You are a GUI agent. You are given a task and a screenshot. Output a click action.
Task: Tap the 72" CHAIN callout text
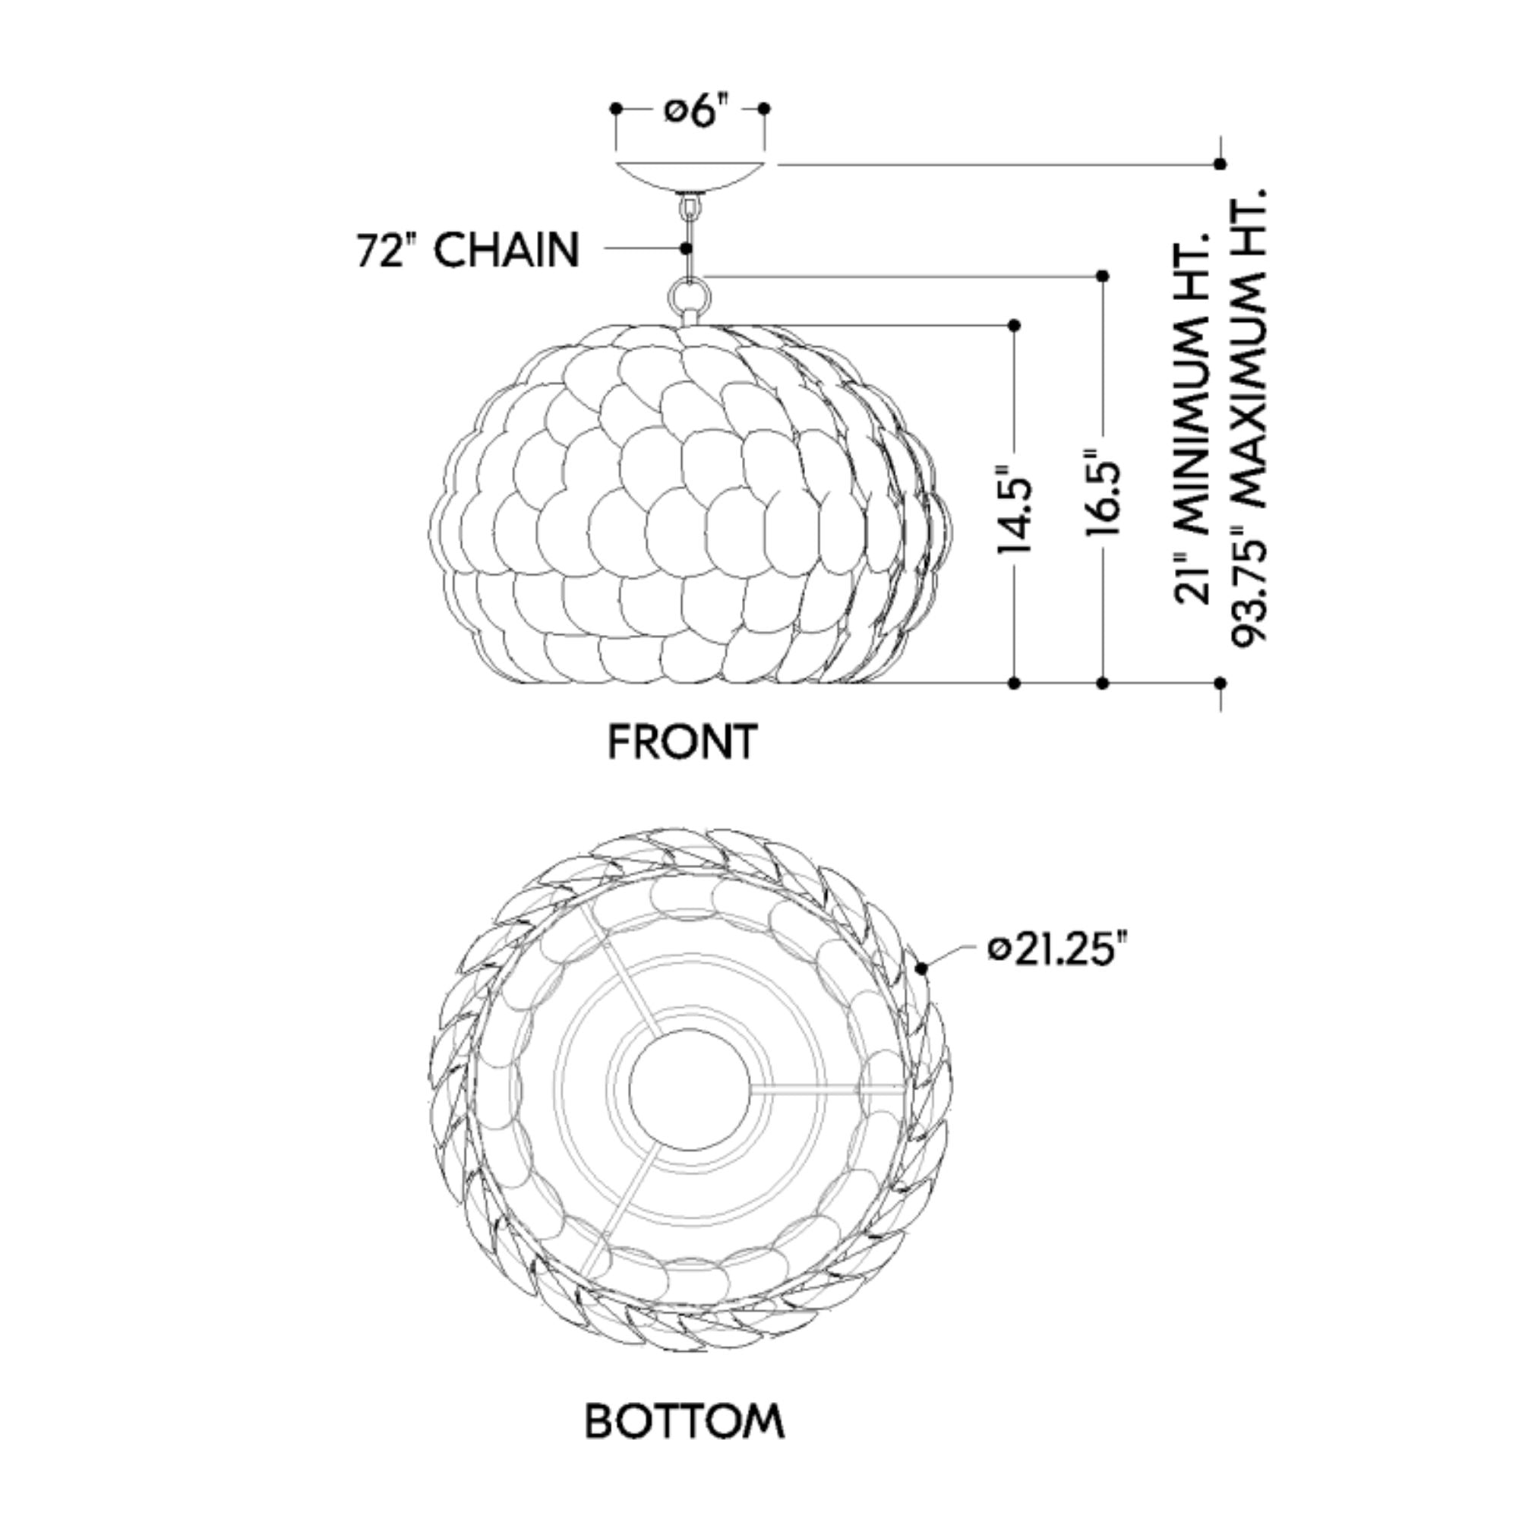click(469, 251)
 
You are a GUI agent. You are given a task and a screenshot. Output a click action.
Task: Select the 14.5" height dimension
click(1014, 513)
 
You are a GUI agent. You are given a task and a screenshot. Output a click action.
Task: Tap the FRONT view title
click(683, 741)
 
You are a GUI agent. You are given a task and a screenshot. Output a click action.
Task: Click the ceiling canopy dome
click(690, 178)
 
